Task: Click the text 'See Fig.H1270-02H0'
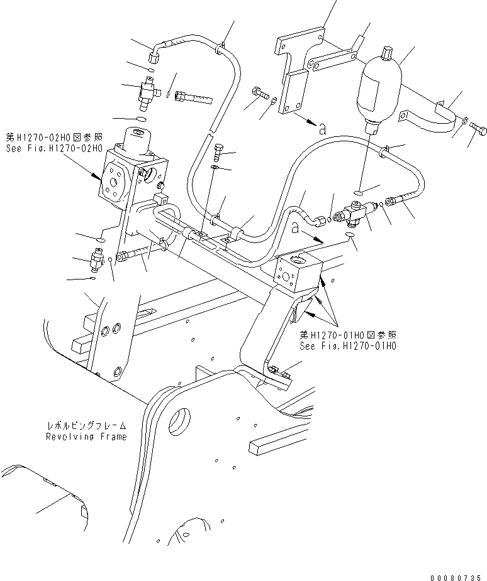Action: [52, 149]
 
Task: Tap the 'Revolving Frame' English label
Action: [86, 437]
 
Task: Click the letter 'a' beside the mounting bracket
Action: [322, 129]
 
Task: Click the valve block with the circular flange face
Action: [116, 176]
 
